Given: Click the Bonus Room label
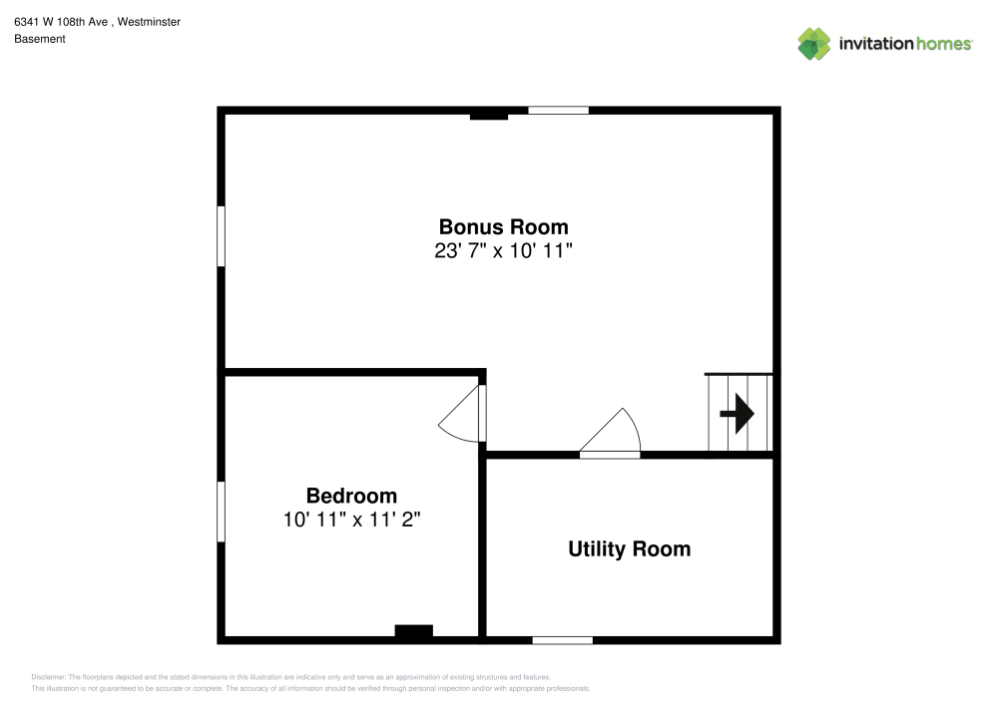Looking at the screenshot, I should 503,226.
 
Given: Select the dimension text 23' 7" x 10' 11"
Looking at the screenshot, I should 503,251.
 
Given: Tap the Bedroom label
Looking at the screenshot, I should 351,496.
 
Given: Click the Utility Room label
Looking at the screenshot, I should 629,548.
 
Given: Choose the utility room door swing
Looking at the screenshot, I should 611,434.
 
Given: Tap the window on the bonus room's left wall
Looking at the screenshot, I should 222,235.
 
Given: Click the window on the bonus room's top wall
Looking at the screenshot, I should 558,110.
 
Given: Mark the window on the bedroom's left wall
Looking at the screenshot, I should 222,512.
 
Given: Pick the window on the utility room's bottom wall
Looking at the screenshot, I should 562,639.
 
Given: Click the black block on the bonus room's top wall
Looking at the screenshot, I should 489,116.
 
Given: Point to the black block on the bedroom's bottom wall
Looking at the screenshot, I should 413,630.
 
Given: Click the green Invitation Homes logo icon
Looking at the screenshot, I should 814,43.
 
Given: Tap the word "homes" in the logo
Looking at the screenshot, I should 943,44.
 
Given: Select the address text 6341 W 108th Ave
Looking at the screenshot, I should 61,21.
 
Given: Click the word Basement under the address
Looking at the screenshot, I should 40,39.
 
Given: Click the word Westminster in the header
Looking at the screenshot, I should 149,21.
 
